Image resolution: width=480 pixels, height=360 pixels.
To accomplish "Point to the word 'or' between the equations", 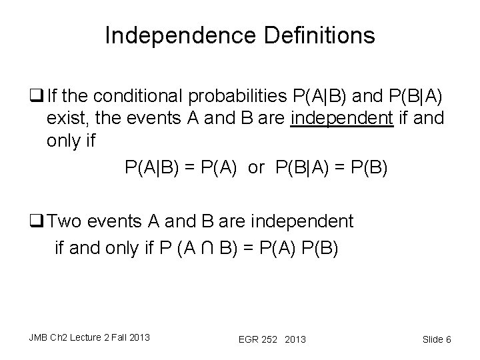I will point(256,167).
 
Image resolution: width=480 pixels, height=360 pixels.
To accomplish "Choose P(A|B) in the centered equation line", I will point(151,167).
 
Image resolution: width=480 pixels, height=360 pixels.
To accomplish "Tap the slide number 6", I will point(449,339).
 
